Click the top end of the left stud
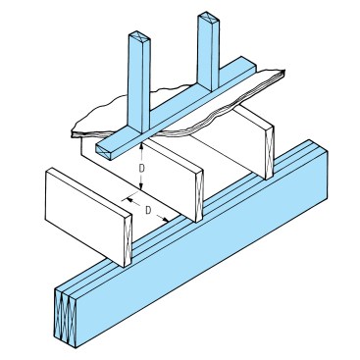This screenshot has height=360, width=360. [136, 36]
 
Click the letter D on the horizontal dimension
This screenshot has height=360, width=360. [148, 209]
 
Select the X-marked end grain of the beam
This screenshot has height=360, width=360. [72, 315]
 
